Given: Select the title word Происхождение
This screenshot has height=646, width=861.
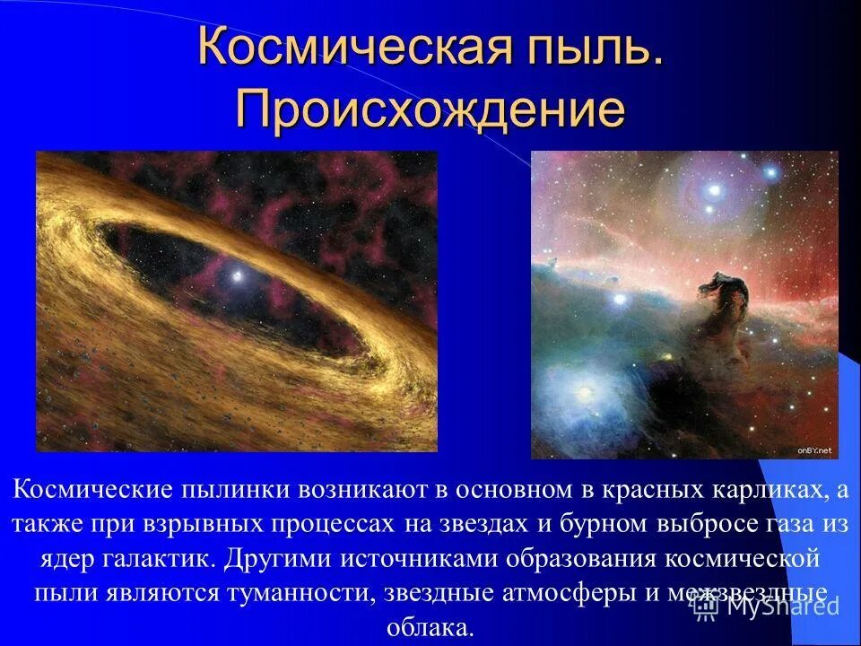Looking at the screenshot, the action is (430, 109).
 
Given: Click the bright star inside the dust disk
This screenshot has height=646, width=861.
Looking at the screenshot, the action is (237, 275).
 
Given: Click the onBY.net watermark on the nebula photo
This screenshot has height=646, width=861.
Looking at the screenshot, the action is (814, 451).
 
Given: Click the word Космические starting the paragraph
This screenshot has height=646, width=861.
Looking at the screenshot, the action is (92, 490).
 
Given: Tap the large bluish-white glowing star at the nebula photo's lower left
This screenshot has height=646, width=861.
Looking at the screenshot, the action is (584, 393).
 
